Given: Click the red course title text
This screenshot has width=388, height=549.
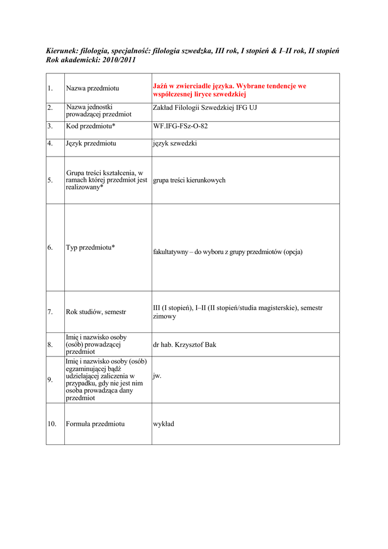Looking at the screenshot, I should [x=229, y=90].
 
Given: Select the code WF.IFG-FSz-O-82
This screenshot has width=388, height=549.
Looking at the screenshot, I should [x=180, y=126].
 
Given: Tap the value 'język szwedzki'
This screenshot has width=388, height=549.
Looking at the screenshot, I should [x=175, y=143].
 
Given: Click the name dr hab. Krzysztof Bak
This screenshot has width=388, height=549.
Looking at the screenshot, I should [x=184, y=345].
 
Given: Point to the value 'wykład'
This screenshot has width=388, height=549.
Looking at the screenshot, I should [x=163, y=424].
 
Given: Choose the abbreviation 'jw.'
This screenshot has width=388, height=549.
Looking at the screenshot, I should [x=157, y=376].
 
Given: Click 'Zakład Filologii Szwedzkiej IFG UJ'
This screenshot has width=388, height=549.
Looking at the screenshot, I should [x=205, y=108].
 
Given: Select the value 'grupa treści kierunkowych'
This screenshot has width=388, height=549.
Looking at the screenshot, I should [x=189, y=180].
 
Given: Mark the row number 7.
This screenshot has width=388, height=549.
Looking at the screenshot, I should [x=50, y=311].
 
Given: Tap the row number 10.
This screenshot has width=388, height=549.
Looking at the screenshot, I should [x=51, y=424].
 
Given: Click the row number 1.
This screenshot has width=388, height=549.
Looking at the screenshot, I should [x=50, y=88].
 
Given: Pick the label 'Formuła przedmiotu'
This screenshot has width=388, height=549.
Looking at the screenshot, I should [x=95, y=424].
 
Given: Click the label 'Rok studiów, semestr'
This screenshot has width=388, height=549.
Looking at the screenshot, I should [x=96, y=311].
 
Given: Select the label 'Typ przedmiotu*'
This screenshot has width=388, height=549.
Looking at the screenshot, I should [x=91, y=247].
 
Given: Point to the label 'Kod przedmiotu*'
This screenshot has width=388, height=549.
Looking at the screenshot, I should [x=91, y=126].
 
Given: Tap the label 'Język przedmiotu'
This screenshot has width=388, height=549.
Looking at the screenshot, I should [x=91, y=143].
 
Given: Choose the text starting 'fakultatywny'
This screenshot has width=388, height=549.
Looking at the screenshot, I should [x=228, y=251].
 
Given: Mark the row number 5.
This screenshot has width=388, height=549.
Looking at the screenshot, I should [x=50, y=180].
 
